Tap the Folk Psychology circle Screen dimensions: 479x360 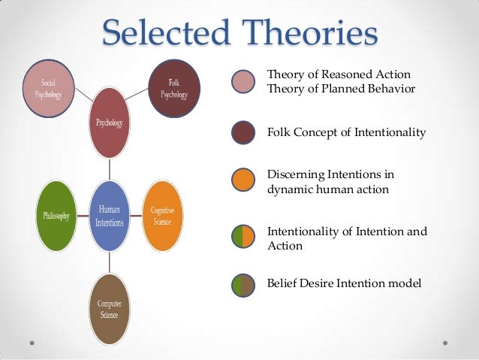(174, 90)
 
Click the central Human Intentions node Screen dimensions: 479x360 (110, 216)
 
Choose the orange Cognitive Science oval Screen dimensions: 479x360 (162, 216)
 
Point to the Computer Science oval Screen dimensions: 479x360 (110, 308)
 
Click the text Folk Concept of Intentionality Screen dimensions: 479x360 (346, 133)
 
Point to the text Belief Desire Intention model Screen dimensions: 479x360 (344, 283)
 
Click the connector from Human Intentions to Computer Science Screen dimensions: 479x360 (110, 262)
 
